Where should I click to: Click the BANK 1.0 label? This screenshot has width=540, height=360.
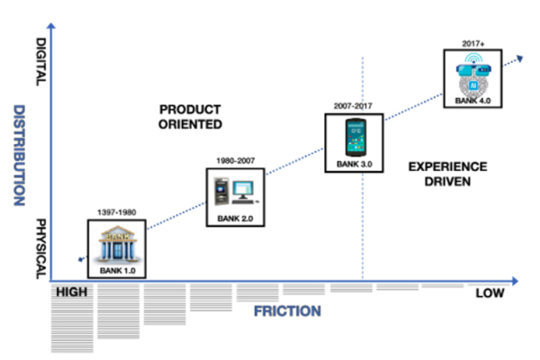pos(117,269)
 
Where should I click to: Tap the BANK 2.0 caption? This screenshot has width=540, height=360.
pos(235,217)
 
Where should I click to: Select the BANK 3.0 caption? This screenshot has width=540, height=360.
pos(353,165)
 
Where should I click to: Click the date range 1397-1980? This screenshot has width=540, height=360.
pos(116,213)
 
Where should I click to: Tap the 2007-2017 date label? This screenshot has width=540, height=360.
pos(354,106)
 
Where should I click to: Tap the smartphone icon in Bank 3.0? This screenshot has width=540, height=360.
pos(354,139)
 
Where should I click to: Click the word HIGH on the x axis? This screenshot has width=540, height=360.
pos(72,292)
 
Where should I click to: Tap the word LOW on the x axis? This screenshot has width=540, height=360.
pos(490,294)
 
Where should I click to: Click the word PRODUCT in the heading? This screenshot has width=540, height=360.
pos(191,108)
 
